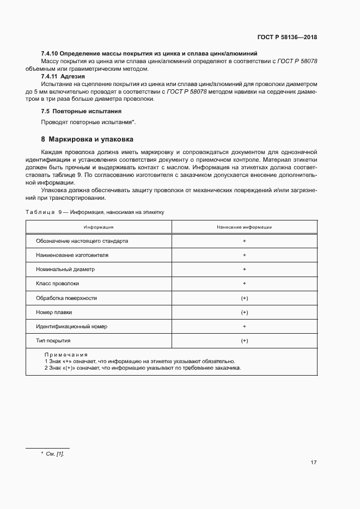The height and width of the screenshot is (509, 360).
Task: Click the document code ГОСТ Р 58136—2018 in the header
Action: click(x=287, y=38)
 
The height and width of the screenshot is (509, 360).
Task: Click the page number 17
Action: click(x=314, y=463)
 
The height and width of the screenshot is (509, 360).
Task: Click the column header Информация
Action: click(x=99, y=227)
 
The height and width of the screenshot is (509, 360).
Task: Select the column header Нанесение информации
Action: click(x=244, y=227)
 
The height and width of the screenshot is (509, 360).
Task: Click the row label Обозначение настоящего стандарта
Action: click(x=82, y=241)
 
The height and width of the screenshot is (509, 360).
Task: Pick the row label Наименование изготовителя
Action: click(x=72, y=255)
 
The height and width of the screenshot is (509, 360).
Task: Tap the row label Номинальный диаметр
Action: click(x=65, y=269)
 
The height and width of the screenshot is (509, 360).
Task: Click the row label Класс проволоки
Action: click(x=58, y=283)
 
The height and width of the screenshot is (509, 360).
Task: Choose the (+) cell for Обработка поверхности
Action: click(x=244, y=298)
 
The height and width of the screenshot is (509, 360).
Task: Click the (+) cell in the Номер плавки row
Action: click(x=244, y=312)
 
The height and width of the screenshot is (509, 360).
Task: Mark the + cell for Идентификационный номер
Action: click(x=244, y=326)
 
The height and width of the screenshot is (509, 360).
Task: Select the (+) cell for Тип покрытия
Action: click(x=244, y=340)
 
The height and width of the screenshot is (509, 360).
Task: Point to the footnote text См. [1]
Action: click(x=56, y=453)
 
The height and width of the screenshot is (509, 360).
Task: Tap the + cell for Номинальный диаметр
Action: click(x=244, y=269)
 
